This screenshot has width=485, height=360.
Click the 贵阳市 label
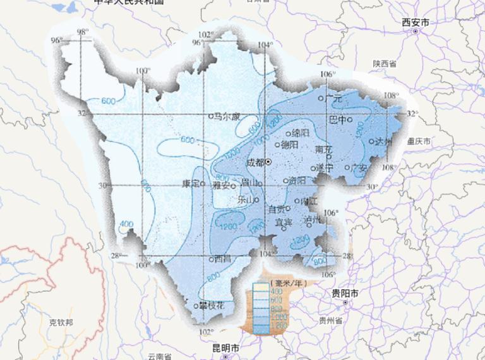pos(345,294)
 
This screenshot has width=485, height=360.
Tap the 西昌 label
pos(223,258)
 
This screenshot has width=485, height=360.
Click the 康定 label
pos(190,184)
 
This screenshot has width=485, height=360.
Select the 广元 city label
pos(333,99)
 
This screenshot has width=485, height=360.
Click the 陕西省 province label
pos(384,64)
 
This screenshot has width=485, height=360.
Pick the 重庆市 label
pos(419,141)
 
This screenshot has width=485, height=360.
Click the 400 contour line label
pos(126,224)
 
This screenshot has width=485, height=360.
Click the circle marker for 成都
pos(268,162)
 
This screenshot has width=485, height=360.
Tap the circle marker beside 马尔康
pos(211,116)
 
